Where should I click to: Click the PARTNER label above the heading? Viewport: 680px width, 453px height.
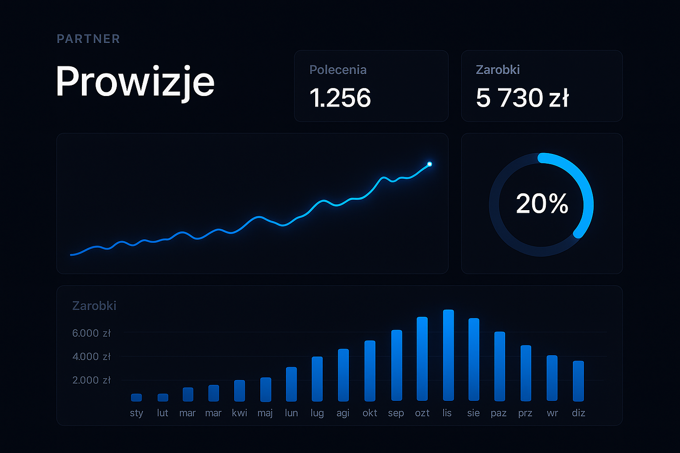click(x=89, y=39)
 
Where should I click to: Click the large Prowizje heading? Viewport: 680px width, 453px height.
click(x=135, y=82)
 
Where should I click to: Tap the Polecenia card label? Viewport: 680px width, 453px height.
click(x=338, y=70)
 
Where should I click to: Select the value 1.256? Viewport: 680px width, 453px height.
click(x=340, y=98)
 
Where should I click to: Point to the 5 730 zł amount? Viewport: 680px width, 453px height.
click(x=522, y=98)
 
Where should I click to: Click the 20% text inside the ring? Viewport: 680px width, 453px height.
click(x=542, y=204)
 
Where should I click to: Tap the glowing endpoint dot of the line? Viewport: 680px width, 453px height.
click(x=429, y=164)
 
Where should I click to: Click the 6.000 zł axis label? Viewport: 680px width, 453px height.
click(x=91, y=333)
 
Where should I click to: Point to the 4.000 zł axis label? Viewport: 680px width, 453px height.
click(x=91, y=357)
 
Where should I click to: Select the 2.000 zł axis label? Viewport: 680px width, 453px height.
click(x=91, y=380)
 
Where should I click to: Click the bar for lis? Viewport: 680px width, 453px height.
click(x=448, y=355)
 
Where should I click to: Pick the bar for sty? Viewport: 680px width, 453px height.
click(x=136, y=397)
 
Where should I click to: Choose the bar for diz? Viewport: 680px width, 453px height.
click(x=578, y=381)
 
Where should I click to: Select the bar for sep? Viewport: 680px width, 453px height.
click(x=396, y=365)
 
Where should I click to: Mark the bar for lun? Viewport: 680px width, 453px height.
click(x=291, y=384)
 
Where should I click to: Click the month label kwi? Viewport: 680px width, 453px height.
click(x=240, y=413)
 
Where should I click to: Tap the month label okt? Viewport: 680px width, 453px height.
click(x=370, y=413)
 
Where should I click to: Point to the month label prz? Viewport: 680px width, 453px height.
click(x=525, y=413)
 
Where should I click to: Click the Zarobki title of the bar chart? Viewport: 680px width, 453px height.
click(x=94, y=306)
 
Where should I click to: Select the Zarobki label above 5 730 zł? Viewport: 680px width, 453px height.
click(x=498, y=70)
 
